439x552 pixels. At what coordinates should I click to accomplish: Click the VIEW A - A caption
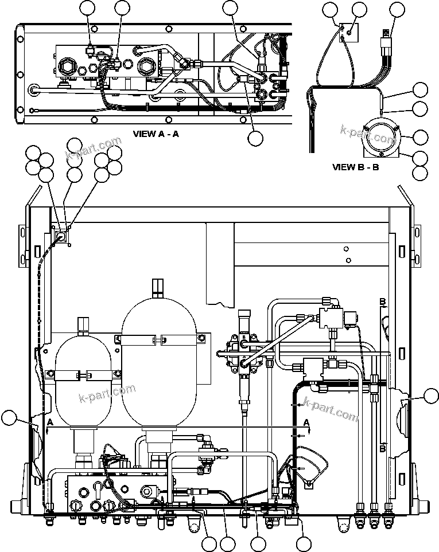(x=156, y=134)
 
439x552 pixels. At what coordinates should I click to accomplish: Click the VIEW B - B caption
(x=355, y=167)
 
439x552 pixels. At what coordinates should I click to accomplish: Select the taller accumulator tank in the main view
(x=159, y=367)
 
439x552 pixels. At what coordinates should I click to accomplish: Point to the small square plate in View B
(x=347, y=33)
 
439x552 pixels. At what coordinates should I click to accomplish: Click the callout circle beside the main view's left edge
(x=9, y=418)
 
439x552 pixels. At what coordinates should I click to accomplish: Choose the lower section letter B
(x=382, y=449)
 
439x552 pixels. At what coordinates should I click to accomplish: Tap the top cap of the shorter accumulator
(x=84, y=324)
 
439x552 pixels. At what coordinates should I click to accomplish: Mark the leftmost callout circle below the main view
(x=209, y=543)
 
